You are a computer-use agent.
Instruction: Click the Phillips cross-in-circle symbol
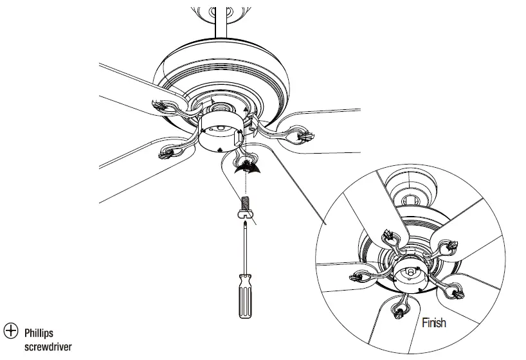point(11,330)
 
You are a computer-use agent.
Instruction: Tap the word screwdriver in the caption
point(48,346)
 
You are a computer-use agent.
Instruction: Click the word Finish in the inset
point(433,323)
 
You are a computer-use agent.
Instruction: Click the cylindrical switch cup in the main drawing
point(220,132)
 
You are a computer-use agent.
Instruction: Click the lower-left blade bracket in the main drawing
point(169,152)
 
